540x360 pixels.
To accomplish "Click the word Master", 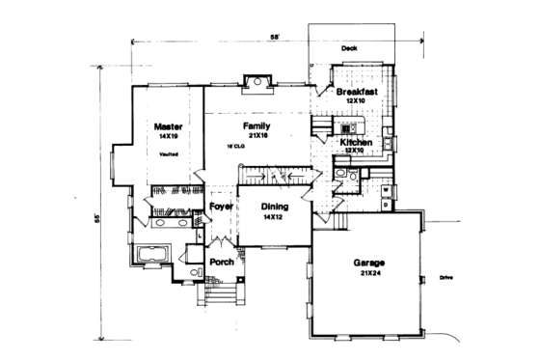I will point(169,126).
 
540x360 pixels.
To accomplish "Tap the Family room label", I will point(256,126).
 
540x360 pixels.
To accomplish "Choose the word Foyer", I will point(222,207).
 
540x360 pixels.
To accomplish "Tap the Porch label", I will point(222,262).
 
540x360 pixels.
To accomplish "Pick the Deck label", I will point(350,47).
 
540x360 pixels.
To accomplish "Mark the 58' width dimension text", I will point(275,37).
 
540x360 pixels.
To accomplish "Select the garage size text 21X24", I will point(366,273).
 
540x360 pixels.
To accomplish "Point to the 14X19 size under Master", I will point(169,137).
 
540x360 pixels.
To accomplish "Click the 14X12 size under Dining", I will point(274,218).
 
